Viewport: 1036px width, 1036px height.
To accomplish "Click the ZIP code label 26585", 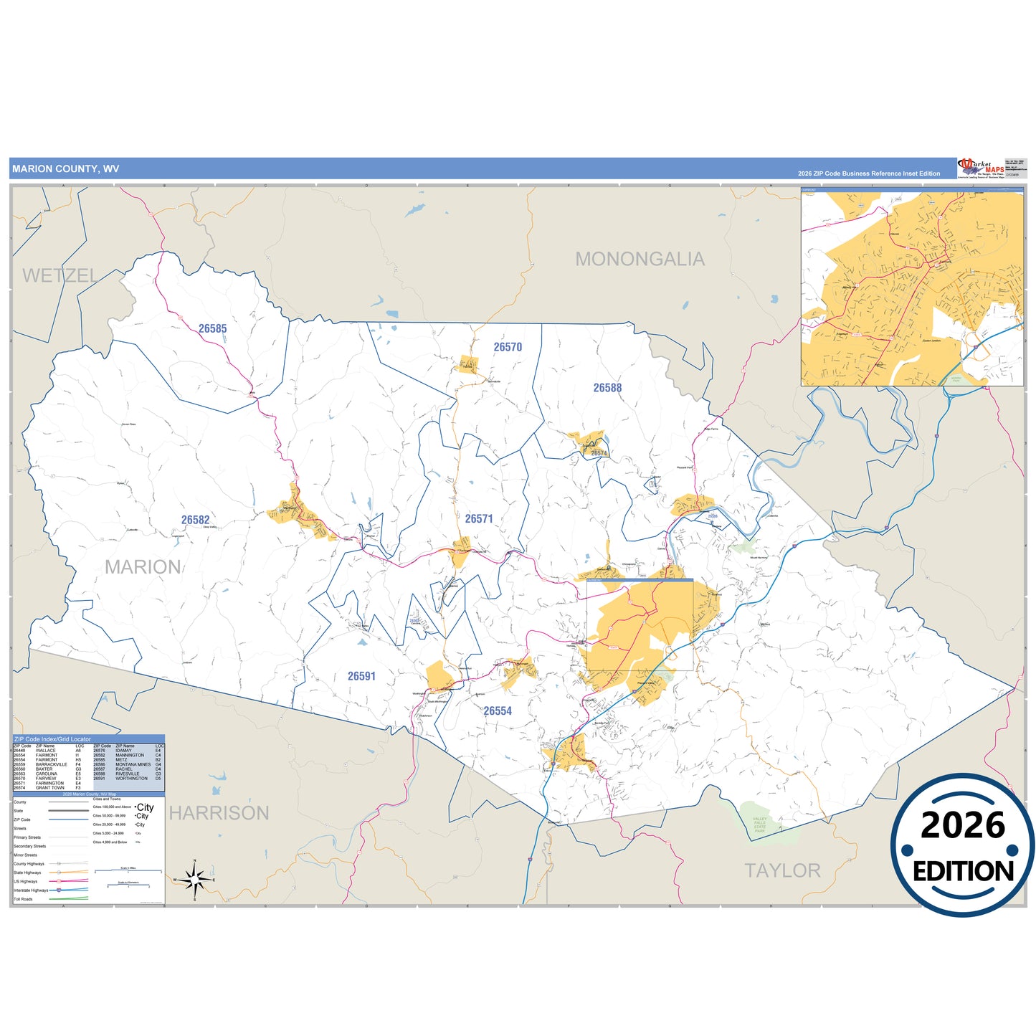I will coord(212,329).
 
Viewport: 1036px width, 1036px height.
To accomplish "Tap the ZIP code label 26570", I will coord(508,347).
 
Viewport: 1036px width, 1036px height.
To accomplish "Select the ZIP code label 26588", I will coord(607,388).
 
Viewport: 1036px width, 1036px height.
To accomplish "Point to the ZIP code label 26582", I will coord(195,520).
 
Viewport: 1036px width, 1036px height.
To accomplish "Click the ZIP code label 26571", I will coord(479,518).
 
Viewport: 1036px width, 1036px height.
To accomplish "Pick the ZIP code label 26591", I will coord(361,676).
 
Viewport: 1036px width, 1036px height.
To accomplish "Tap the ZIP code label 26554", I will coord(498,711).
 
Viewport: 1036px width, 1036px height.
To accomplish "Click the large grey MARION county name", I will coord(143,567).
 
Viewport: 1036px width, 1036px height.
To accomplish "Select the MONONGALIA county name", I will coord(640,260).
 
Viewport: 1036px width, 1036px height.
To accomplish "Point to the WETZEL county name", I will coord(60,276).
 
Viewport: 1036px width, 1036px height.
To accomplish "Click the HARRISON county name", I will coord(219,813).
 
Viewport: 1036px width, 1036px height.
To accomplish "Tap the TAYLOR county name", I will coord(782,870).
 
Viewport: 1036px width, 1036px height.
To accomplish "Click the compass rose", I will coord(194,879).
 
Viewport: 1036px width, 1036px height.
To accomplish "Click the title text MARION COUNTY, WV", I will coord(66,169).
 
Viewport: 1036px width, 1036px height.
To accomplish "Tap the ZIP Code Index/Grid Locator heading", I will coord(53,739).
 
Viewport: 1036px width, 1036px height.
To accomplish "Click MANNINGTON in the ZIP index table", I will coord(130,755).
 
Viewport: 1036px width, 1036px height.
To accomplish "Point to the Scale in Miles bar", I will coord(128,871).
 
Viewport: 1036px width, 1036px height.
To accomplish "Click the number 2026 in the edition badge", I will coord(962,826).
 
